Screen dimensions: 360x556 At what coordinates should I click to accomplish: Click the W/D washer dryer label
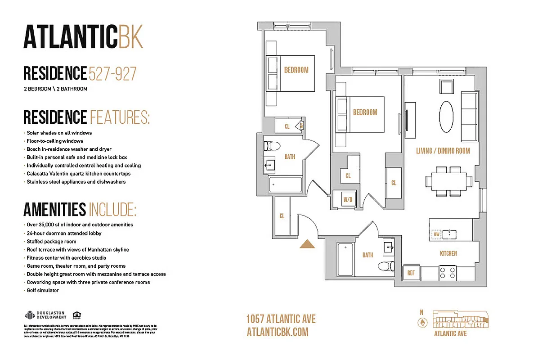[348, 199]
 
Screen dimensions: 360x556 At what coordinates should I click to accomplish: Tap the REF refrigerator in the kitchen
[411, 273]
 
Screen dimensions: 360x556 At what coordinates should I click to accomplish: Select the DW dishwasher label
[436, 234]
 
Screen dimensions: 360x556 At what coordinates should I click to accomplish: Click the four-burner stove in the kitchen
[448, 273]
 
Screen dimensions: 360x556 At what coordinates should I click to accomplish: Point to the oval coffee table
[446, 116]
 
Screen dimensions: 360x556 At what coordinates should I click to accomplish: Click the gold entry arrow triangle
[308, 244]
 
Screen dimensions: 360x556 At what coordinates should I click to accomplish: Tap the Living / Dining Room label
[443, 151]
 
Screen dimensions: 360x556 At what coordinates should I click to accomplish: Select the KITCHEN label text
[448, 253]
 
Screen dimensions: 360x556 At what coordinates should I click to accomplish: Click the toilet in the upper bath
[272, 146]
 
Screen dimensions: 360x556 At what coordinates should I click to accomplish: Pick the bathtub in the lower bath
[345, 259]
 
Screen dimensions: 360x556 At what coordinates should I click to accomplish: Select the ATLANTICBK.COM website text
[278, 332]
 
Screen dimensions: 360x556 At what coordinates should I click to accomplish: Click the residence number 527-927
[112, 73]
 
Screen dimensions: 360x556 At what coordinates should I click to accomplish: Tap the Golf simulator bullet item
[43, 290]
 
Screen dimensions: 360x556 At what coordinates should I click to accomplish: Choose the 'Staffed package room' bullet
[51, 242]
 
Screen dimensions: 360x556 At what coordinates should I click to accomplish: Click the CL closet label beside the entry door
[282, 216]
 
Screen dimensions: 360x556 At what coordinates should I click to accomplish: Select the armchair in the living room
[448, 86]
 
